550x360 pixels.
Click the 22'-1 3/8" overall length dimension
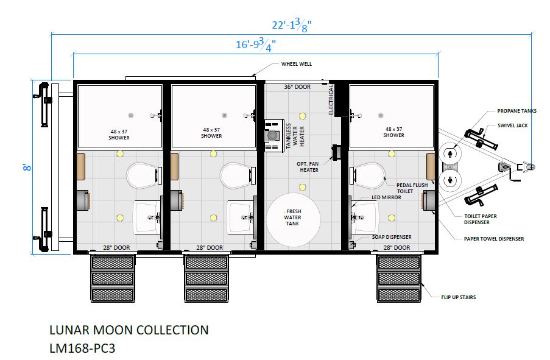[x=292, y=26]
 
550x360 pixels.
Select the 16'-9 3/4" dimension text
[x=256, y=45]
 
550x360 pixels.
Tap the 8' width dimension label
[x=27, y=168]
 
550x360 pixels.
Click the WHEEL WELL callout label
[x=297, y=64]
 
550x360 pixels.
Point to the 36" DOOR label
[x=297, y=86]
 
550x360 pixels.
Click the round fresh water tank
[x=293, y=217]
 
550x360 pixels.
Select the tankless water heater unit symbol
[x=274, y=135]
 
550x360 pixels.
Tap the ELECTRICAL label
[x=331, y=99]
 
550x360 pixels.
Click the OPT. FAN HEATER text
[x=308, y=167]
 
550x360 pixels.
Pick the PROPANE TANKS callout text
[x=517, y=111]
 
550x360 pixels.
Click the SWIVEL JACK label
[x=512, y=125]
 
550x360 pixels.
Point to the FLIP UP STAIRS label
[x=459, y=297]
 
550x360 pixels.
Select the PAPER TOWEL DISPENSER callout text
[x=494, y=239]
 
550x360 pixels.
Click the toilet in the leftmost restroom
[x=142, y=175]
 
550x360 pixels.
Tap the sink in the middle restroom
[x=240, y=217]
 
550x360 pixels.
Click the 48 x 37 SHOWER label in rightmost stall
[x=393, y=132]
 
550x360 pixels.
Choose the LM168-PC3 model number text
[x=82, y=348]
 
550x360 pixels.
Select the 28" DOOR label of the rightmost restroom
[x=397, y=248]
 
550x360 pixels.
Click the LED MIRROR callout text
[x=386, y=197]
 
